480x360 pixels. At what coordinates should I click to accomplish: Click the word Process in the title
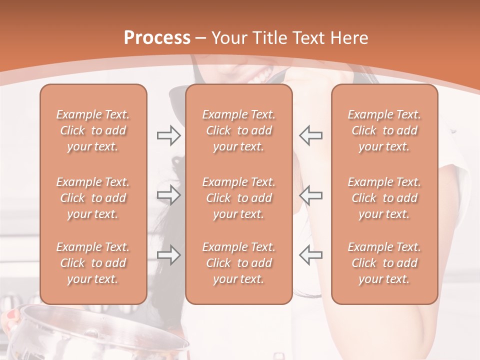(157, 38)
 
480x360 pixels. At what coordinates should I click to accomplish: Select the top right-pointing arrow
(169, 135)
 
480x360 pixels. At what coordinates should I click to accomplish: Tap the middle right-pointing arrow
(169, 195)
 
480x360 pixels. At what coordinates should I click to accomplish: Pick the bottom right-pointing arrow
(169, 255)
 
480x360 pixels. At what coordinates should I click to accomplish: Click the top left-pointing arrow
(310, 135)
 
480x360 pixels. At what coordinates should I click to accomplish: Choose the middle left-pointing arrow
(310, 195)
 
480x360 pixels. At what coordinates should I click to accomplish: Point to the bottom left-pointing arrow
(310, 255)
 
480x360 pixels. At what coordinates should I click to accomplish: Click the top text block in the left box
(93, 130)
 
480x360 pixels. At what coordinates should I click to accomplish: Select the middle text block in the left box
(93, 198)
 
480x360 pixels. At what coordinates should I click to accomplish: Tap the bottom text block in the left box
(93, 263)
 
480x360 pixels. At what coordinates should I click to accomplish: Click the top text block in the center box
(239, 130)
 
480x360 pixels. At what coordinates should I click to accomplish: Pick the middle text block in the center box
(239, 198)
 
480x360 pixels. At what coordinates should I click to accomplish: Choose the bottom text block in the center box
(239, 263)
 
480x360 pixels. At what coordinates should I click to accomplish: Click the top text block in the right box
(384, 130)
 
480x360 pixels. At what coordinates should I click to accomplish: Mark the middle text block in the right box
(384, 198)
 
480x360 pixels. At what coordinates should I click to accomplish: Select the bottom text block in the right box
(384, 263)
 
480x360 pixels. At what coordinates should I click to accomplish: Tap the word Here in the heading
(349, 38)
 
